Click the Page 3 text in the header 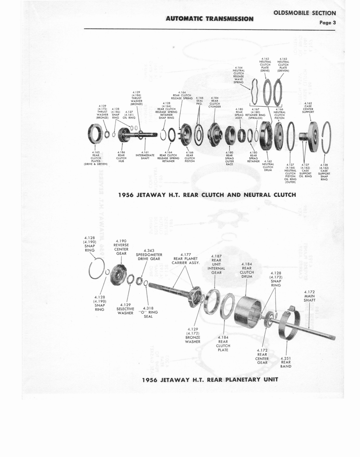point(327,22)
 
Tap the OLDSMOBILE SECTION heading point(304,13)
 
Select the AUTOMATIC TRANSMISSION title point(209,19)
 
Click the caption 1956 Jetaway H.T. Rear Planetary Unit point(210,379)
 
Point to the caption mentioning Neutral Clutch point(207,195)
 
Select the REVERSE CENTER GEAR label point(121,247)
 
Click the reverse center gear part point(119,274)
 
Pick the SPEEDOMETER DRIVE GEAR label point(148,255)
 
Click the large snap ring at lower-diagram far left point(96,269)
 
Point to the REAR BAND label point(286,362)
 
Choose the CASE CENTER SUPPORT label point(308,108)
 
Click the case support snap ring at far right point(326,137)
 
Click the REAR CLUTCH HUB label point(121,157)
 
